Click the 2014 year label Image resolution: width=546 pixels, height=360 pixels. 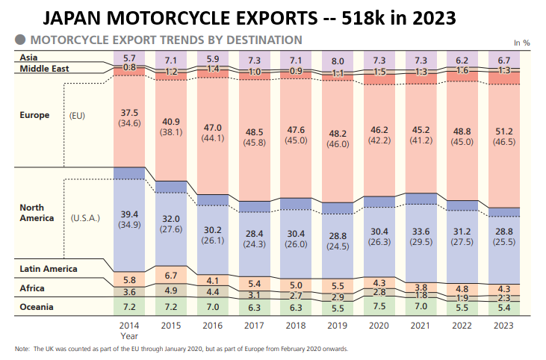(x=129, y=325)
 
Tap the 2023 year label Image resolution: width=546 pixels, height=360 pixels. (x=503, y=325)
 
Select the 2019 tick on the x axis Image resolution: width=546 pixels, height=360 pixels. (x=337, y=325)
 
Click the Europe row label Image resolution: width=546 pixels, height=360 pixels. (x=34, y=115)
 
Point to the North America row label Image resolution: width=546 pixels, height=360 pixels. (x=37, y=213)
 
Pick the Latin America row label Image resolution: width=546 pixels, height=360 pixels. (x=49, y=268)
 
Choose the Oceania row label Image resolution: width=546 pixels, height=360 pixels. (x=37, y=306)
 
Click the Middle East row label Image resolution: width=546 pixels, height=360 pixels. (x=45, y=69)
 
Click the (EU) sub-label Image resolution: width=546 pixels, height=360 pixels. (x=77, y=116)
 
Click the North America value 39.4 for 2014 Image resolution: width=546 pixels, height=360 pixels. (x=129, y=214)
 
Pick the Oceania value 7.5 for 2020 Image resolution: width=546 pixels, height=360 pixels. (x=379, y=305)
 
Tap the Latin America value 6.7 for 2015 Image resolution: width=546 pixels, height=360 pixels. (x=171, y=276)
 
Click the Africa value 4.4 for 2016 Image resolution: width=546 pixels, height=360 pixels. (x=212, y=291)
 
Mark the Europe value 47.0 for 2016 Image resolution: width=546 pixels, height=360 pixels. (x=212, y=128)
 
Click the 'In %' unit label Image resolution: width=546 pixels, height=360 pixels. (x=521, y=43)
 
